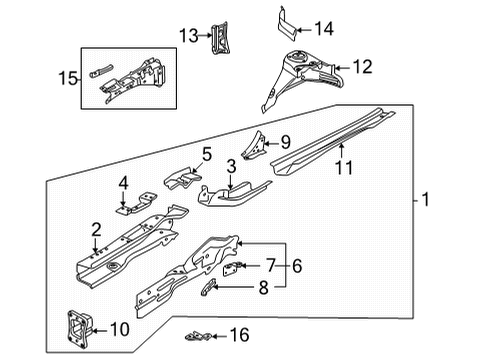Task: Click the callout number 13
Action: coord(189,35)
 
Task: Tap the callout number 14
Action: coord(324,29)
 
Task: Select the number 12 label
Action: coord(362,67)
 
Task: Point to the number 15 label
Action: coord(68,78)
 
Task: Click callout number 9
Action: coord(286,142)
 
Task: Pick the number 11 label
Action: coord(344,167)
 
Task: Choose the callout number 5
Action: coord(207,155)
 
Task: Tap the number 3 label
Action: coord(231,166)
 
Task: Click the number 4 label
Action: coord(123,183)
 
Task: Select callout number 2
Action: coord(96,230)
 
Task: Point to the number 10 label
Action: coord(120,329)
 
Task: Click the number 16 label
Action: coord(240,335)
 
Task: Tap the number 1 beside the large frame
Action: coord(425,200)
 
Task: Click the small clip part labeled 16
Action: coord(198,336)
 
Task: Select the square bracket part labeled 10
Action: coord(78,329)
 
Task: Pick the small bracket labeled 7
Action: coord(231,268)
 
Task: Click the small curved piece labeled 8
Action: coord(208,287)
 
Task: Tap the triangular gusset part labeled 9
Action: coord(255,145)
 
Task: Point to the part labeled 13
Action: coord(220,38)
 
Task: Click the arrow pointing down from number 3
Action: coord(231,182)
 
